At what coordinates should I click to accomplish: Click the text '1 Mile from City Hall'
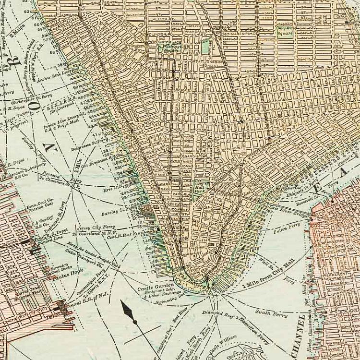pos(269,278)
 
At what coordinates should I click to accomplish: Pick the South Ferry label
pos(271,313)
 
